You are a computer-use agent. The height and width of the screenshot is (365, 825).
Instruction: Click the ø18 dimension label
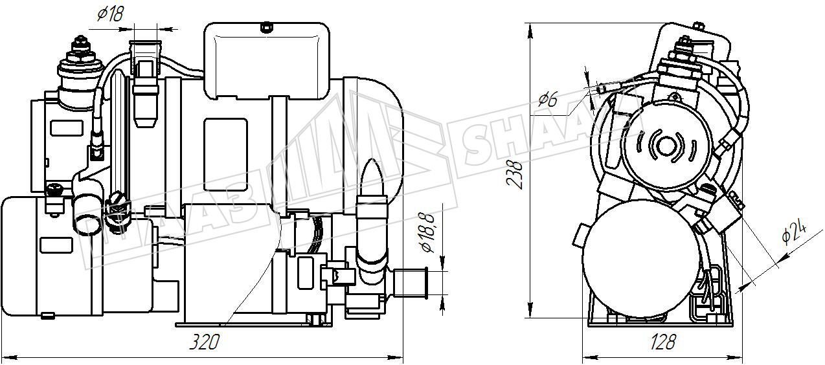click(x=111, y=14)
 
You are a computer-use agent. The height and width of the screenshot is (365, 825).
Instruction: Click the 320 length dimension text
click(x=204, y=342)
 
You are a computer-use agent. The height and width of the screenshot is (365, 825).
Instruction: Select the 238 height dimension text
click(x=515, y=175)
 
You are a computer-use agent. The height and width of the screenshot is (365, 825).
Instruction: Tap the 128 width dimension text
click(x=662, y=342)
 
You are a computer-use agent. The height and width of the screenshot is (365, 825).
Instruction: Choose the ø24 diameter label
click(x=794, y=231)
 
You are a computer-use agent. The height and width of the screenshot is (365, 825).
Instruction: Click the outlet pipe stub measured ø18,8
click(x=410, y=282)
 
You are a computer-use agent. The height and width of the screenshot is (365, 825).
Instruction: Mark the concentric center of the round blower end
click(x=666, y=146)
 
